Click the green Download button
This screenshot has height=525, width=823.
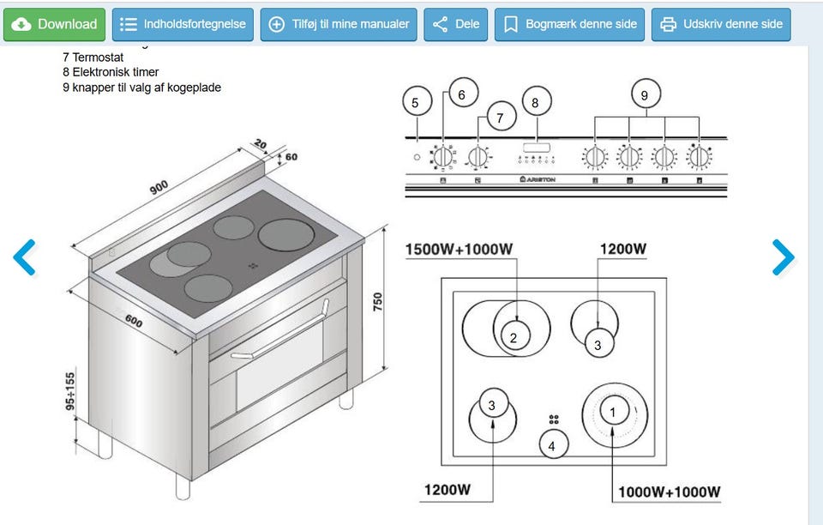pos(56,24)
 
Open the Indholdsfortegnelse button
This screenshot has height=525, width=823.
pos(183,24)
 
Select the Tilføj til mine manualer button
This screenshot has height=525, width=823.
pos(339,24)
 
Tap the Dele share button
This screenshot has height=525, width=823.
pos(456,24)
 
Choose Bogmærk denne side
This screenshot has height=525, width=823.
pos(570,24)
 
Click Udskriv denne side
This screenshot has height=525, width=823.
pos(721,24)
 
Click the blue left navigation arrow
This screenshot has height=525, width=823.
pos(25,256)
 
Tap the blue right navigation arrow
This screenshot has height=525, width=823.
pos(783,256)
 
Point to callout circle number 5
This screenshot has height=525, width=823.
pos(416,103)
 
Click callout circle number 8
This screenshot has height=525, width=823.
pos(536,103)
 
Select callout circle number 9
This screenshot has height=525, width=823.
pos(645,95)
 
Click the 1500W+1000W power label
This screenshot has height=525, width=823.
pos(460,250)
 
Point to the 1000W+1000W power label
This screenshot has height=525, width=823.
pos(669,492)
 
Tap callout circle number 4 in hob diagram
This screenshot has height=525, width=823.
pos(552,446)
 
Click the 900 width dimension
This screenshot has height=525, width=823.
pos(159,185)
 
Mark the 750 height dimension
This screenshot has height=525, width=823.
pos(377,302)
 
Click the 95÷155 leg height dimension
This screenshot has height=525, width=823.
pos(71,391)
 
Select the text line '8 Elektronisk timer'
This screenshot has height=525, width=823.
pos(111,72)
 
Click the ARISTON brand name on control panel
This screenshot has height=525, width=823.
pos(538,179)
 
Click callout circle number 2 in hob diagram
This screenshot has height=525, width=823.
pos(514,337)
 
